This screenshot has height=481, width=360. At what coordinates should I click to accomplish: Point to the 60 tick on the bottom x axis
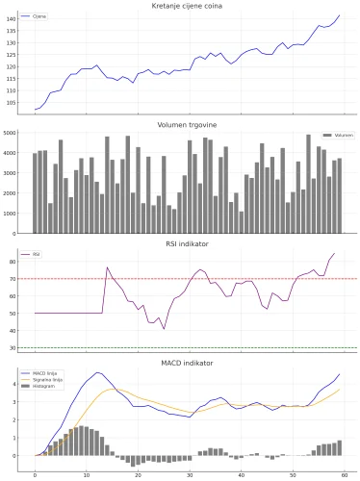click(344, 474)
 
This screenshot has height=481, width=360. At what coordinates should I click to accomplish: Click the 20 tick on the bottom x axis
click(138, 474)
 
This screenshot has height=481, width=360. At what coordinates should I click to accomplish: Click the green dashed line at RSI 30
click(193, 347)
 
